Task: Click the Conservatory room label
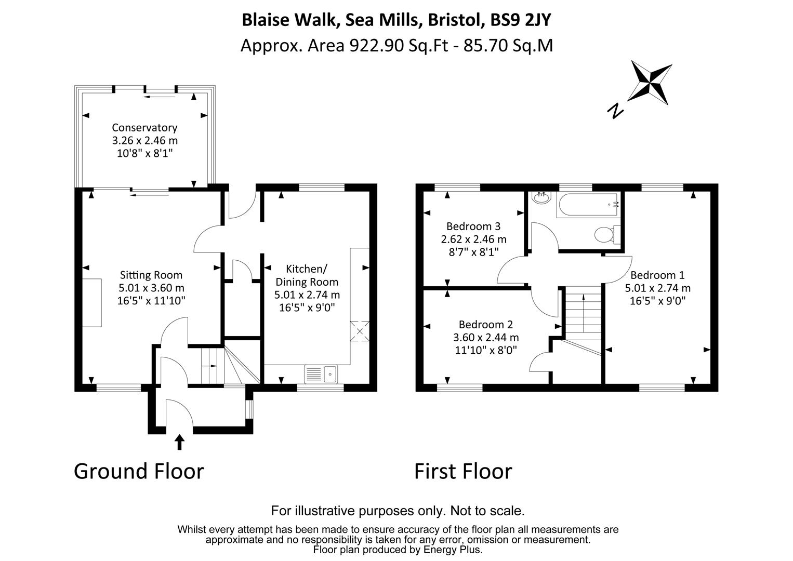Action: pyautogui.click(x=145, y=127)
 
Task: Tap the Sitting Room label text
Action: pyautogui.click(x=151, y=275)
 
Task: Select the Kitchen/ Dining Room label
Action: pyautogui.click(x=307, y=275)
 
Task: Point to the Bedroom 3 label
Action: pyautogui.click(x=474, y=226)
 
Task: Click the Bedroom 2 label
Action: pyautogui.click(x=486, y=325)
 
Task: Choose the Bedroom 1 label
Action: pyautogui.click(x=657, y=275)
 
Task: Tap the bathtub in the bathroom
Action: pyautogui.click(x=588, y=205)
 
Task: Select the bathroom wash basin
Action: pyautogui.click(x=541, y=197)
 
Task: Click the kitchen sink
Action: pyautogui.click(x=321, y=374)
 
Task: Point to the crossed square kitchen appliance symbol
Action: pyautogui.click(x=360, y=331)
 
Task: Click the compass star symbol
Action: pyautogui.click(x=650, y=83)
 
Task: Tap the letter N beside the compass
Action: pyautogui.click(x=615, y=111)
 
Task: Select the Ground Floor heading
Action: pyautogui.click(x=139, y=472)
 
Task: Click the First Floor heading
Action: pyautogui.click(x=463, y=472)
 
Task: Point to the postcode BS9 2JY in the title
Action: pyautogui.click(x=520, y=20)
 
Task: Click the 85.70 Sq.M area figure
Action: pyautogui.click(x=508, y=46)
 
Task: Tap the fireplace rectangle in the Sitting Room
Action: pyautogui.click(x=92, y=303)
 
